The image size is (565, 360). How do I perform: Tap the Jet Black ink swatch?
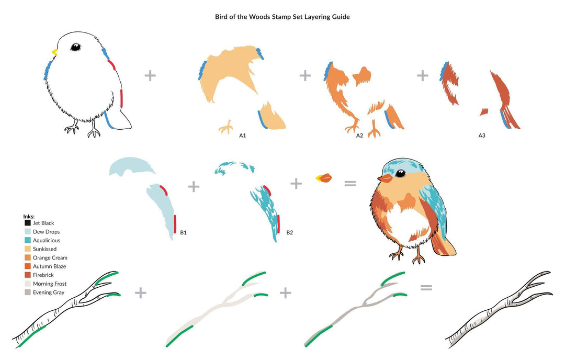tap(27, 223)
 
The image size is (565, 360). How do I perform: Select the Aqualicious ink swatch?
tap(27, 240)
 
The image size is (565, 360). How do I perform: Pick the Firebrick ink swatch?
tap(27, 275)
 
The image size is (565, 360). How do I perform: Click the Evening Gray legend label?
tap(49, 292)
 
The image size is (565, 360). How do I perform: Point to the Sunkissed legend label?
tap(44, 249)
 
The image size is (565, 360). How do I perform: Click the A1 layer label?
tap(243, 136)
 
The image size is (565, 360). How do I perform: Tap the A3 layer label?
tap(482, 136)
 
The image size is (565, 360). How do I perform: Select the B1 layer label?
tap(184, 232)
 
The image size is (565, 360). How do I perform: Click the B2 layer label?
tap(290, 232)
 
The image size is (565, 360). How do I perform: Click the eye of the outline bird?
tap(76, 47)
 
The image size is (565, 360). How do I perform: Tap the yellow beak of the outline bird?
tap(55, 52)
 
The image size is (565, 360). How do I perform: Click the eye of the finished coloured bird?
tap(400, 173)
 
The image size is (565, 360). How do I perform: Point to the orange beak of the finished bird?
tap(385, 178)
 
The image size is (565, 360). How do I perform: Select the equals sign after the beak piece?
tap(350, 184)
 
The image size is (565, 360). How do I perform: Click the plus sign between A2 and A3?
tap(422, 76)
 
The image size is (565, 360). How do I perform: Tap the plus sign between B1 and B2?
tap(194, 187)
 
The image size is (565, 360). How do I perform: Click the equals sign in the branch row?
tap(426, 288)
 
